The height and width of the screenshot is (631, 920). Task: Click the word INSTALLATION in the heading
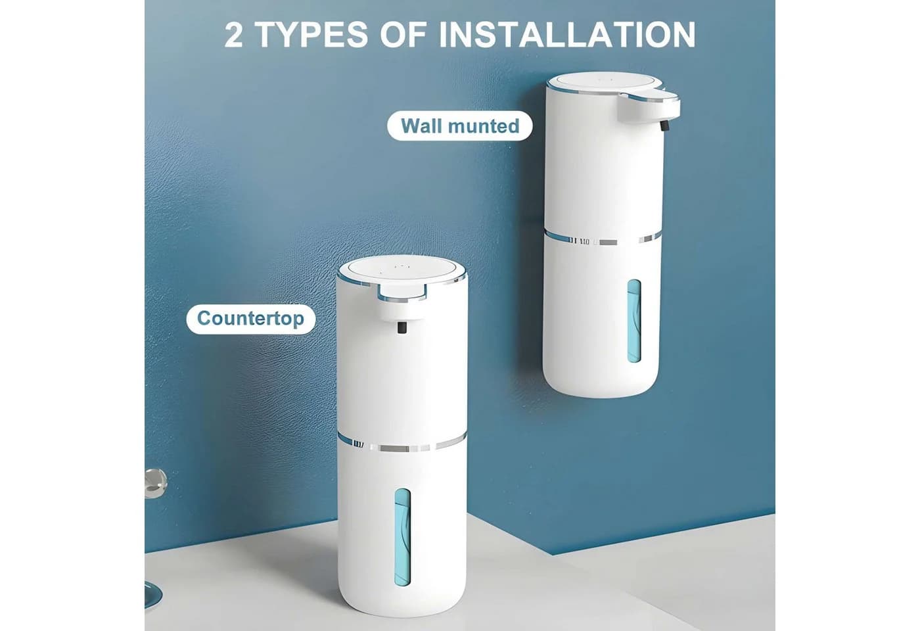[568, 34]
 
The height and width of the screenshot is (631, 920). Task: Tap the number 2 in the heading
[234, 35]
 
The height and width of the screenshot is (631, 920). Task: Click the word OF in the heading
[403, 35]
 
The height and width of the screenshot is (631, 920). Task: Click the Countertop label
[250, 318]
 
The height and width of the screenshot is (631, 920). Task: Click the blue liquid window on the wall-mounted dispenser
[633, 321]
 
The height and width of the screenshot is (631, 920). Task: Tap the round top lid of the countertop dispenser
[402, 270]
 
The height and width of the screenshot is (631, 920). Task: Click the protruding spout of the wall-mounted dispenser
[649, 108]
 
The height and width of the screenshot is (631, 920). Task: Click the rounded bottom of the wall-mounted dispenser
[601, 382]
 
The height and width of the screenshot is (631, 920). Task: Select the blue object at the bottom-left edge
[152, 596]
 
